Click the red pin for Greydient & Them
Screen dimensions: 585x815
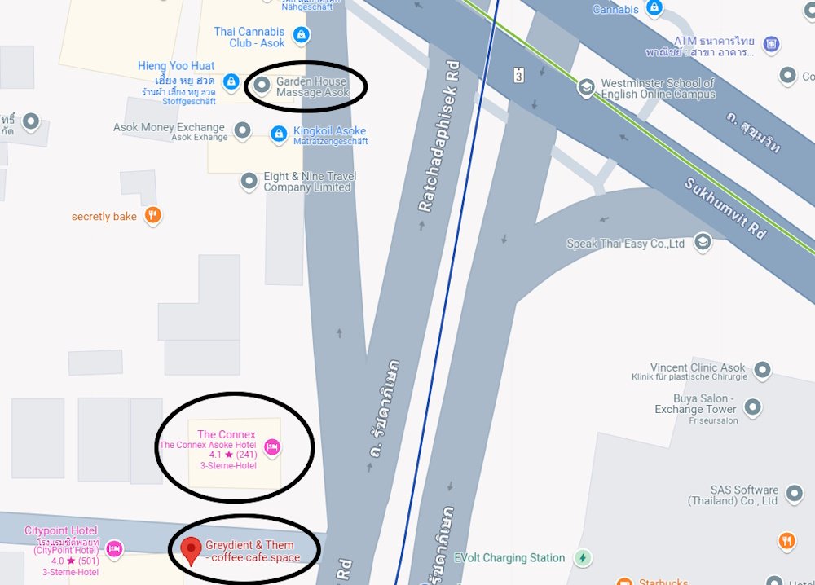pyautogui.click(x=191, y=550)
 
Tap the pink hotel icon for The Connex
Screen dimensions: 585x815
pyautogui.click(x=272, y=446)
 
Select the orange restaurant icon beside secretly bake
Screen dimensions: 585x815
pyautogui.click(x=152, y=216)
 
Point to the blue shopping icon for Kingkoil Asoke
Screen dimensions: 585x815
pyautogui.click(x=279, y=133)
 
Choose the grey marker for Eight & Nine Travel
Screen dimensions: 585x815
pyautogui.click(x=249, y=181)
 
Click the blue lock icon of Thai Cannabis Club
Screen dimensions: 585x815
pyautogui.click(x=301, y=35)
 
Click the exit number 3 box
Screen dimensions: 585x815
pyautogui.click(x=518, y=75)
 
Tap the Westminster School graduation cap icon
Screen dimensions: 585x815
pyautogui.click(x=585, y=86)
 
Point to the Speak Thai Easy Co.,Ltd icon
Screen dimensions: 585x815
pyautogui.click(x=702, y=242)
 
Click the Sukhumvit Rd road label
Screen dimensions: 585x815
pyautogui.click(x=725, y=208)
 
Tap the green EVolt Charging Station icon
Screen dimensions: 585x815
pyautogui.click(x=582, y=558)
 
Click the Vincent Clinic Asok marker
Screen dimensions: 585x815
pyautogui.click(x=762, y=372)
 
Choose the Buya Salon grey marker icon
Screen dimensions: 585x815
pyautogui.click(x=752, y=406)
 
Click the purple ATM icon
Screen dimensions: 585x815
pyautogui.click(x=770, y=43)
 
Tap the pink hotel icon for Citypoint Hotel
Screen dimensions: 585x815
pyautogui.click(x=114, y=548)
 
